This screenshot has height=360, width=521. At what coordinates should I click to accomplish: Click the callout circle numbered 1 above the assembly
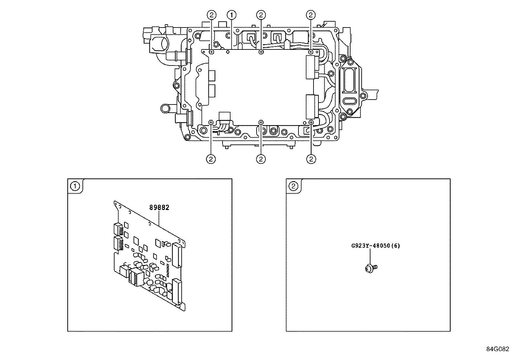click(232, 15)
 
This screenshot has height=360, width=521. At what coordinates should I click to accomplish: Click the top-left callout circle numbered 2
click(212, 15)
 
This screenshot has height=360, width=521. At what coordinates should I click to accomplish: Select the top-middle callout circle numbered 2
click(261, 15)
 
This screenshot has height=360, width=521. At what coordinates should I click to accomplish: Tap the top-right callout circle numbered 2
click(311, 15)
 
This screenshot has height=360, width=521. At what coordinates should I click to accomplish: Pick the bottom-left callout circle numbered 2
click(211, 159)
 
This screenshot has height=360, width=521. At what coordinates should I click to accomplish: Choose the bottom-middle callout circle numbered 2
click(261, 159)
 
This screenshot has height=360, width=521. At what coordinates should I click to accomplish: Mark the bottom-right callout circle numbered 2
click(311, 159)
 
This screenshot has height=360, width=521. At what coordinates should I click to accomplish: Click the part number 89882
click(159, 207)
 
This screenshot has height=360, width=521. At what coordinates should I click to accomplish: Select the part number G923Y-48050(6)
click(375, 246)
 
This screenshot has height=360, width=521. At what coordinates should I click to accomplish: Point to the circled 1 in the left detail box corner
click(75, 186)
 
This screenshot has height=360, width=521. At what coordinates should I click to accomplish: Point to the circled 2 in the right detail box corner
click(294, 186)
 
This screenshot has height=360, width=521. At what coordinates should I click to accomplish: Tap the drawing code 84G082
click(497, 349)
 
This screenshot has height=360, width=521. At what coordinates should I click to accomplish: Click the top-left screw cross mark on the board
click(212, 52)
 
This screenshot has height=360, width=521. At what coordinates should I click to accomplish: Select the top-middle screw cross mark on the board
click(261, 52)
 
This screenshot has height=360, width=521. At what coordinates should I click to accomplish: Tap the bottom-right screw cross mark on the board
click(311, 122)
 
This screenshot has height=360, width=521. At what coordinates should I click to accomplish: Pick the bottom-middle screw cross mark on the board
click(261, 122)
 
